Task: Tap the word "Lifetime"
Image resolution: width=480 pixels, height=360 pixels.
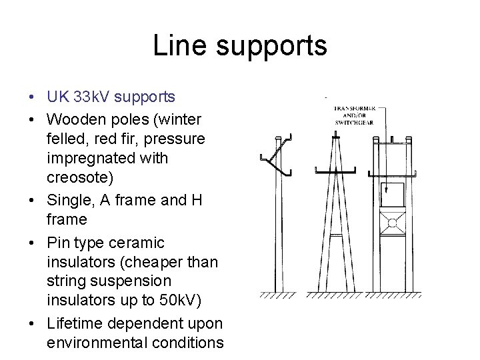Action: [x=76, y=323]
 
